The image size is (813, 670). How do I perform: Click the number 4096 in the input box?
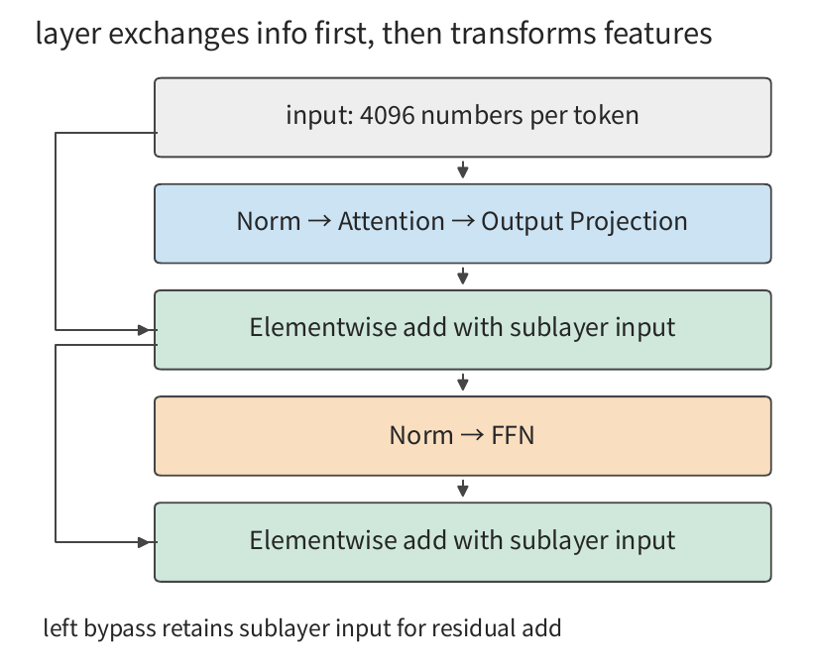(387, 115)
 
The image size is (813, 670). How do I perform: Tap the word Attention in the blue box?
(392, 221)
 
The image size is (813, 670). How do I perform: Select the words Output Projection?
(584, 222)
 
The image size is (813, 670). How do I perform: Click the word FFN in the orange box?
(513, 435)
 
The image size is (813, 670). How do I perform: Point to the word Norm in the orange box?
(421, 435)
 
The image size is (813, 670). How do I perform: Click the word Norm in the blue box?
(269, 221)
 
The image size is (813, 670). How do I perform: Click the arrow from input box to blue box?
(463, 169)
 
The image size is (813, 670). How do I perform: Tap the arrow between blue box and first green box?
(463, 277)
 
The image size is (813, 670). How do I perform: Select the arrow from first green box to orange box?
(463, 383)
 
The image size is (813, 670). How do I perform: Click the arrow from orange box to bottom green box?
(463, 489)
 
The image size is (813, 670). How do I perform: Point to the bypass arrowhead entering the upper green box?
(144, 330)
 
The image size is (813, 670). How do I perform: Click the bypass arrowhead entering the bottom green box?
(144, 542)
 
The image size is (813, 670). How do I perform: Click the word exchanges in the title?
(178, 34)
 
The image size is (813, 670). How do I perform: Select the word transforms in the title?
(523, 34)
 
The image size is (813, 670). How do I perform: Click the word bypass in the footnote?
(120, 628)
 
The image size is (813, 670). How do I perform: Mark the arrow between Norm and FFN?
(472, 435)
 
